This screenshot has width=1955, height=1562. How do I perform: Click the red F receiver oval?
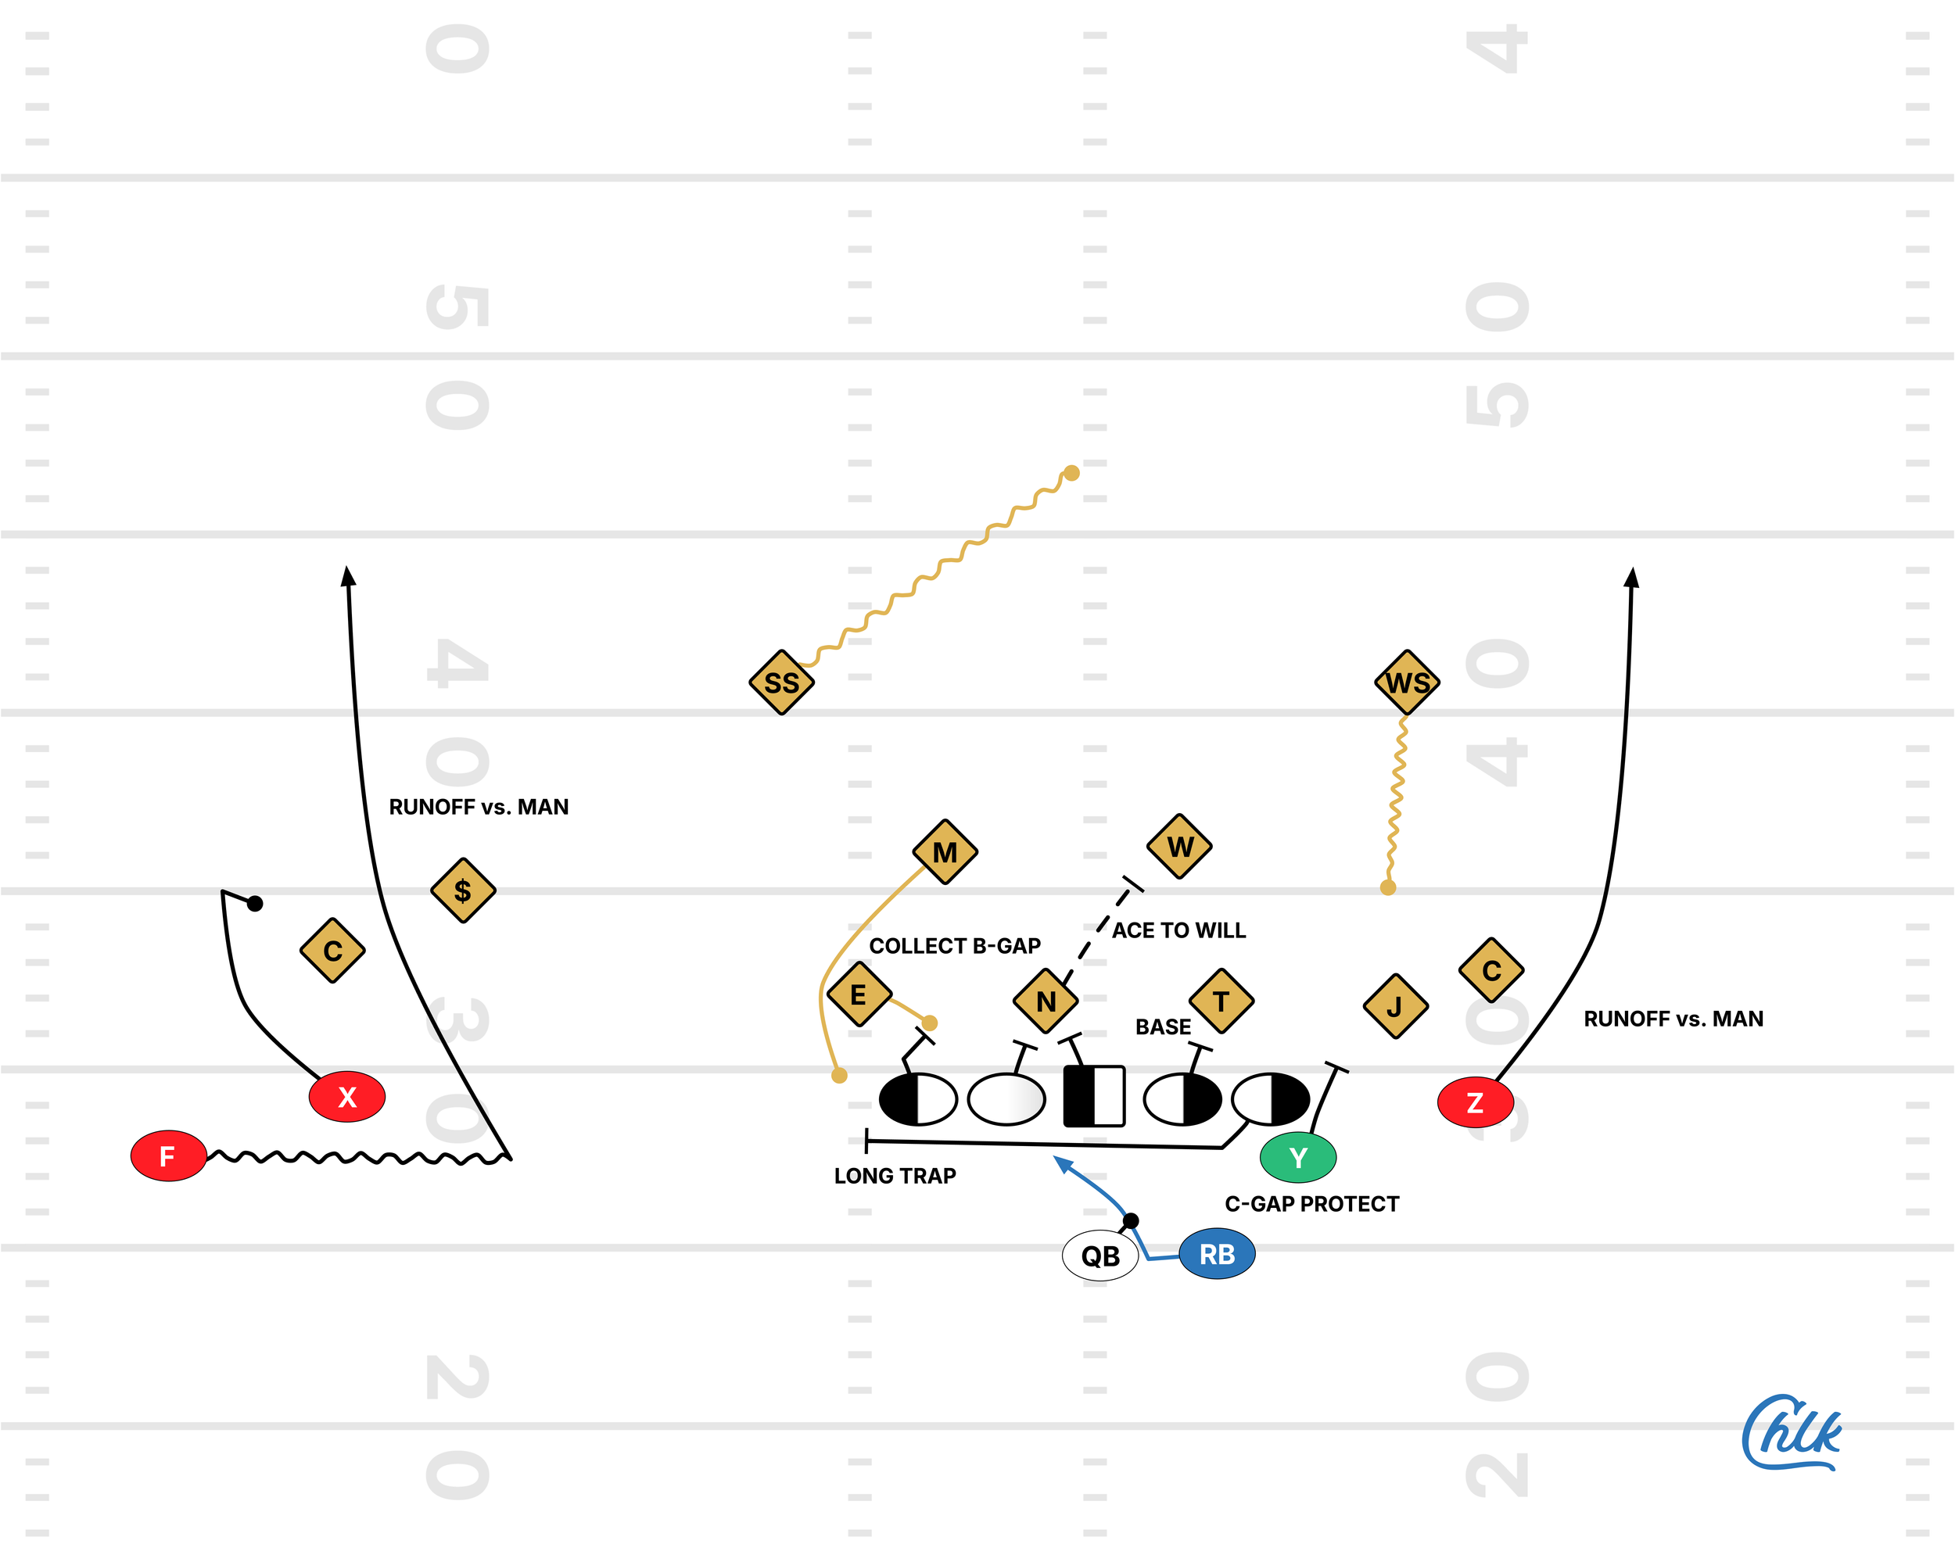pos(168,1155)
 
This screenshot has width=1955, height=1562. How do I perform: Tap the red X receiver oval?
pos(346,1097)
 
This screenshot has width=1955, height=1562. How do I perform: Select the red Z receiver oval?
pos(1476,1102)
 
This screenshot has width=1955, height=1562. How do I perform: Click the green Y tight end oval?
pos(1297,1158)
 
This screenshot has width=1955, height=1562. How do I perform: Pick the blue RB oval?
pos(1217,1254)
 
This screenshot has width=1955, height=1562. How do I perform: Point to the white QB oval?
pos(1100,1256)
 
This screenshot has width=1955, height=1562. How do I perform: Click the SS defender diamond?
pos(780,682)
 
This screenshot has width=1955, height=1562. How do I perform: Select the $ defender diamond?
pos(462,890)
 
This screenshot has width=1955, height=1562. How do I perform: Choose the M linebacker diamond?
pos(945,852)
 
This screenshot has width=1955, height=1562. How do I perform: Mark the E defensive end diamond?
pos(859,994)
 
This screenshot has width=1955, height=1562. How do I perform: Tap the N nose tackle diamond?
pos(1046,1001)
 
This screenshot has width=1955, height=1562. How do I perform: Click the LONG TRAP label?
pos(895,1176)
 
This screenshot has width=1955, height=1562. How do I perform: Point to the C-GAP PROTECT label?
pos(1311,1204)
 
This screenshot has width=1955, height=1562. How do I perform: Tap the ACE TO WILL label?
pos(1178,930)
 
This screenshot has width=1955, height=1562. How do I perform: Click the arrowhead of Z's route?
pos(1631,578)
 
